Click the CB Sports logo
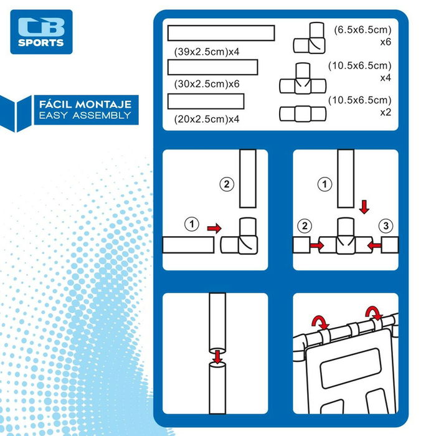click(x=42, y=32)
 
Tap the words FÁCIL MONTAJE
click(x=85, y=105)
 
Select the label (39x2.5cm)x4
click(x=207, y=52)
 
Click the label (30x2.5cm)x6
click(x=207, y=84)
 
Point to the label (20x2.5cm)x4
click(x=207, y=119)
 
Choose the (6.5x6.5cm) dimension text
click(x=363, y=30)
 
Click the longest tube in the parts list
click(x=221, y=33)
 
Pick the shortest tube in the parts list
click(x=206, y=101)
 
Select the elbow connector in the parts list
click(x=309, y=38)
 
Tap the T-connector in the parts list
click(x=303, y=78)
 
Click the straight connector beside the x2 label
click(x=303, y=114)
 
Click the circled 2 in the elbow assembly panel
click(x=227, y=184)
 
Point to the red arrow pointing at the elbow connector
click(x=214, y=229)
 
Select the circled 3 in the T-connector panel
click(x=386, y=225)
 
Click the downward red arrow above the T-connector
click(x=364, y=207)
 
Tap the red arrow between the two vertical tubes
click(x=217, y=357)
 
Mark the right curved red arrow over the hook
click(x=374, y=313)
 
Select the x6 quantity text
click(x=386, y=42)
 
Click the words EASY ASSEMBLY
click(x=85, y=115)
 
